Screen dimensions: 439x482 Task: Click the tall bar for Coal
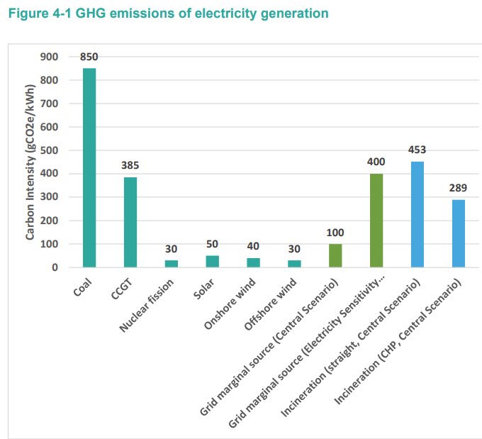coord(89,167)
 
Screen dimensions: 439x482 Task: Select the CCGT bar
coord(130,222)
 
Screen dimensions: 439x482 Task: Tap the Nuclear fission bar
coord(172,264)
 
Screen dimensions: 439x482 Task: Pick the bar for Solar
coord(213,261)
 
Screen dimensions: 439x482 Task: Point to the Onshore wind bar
coord(253,262)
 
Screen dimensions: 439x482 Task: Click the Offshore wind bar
coord(294,264)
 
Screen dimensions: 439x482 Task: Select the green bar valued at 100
coord(335,255)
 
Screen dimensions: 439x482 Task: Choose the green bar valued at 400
coord(376,221)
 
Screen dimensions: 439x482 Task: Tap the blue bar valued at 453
coord(417,214)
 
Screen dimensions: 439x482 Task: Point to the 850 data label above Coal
coord(89,57)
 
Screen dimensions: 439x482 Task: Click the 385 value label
coord(130,165)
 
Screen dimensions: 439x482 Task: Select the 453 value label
coord(417,150)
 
